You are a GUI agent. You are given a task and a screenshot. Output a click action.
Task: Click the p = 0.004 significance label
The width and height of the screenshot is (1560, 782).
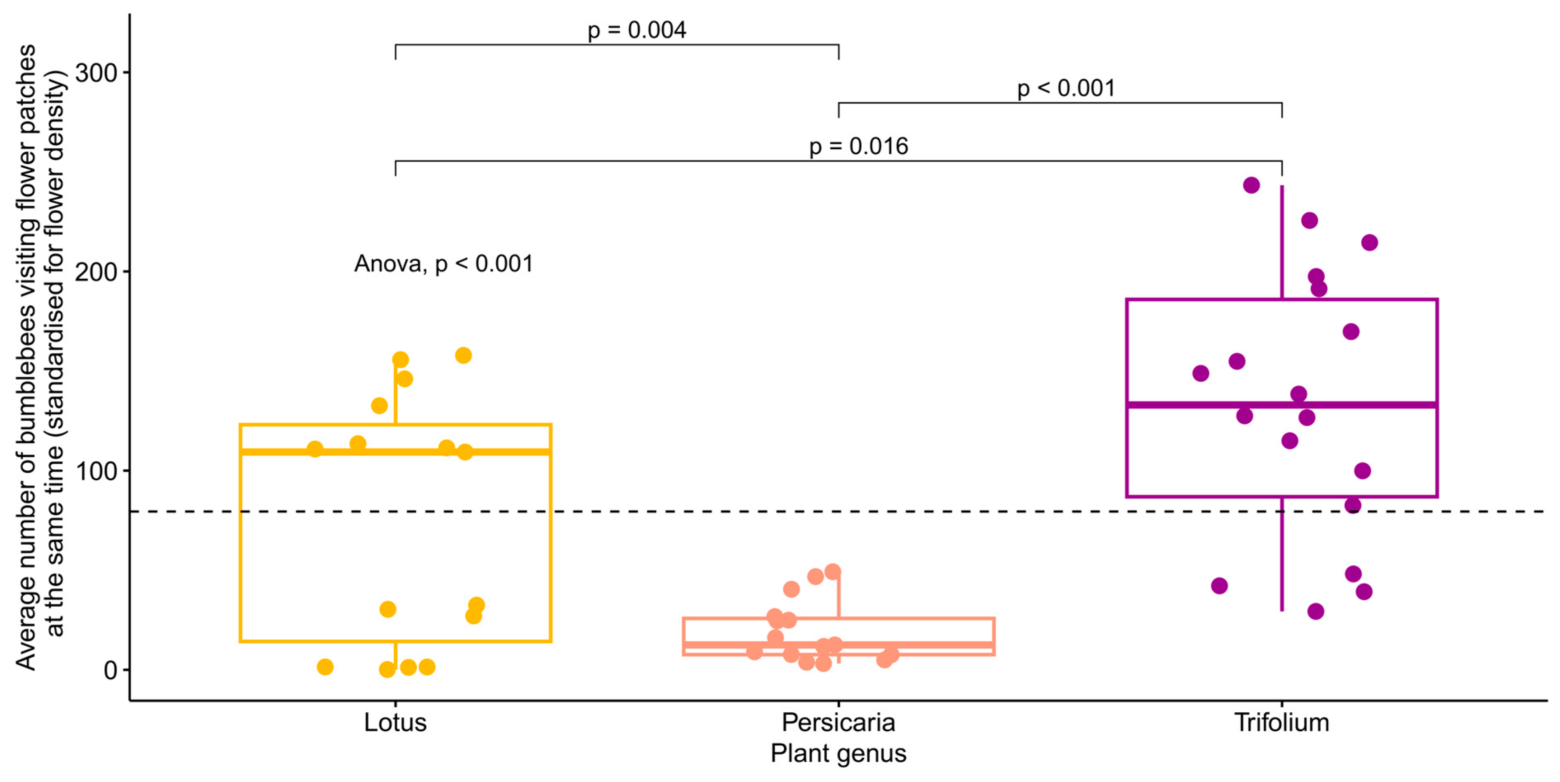tap(637, 30)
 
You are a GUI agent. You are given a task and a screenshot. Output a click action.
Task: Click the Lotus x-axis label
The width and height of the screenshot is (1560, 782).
tap(395, 723)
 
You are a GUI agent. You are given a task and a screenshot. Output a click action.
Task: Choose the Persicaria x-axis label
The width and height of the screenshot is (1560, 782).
tap(838, 723)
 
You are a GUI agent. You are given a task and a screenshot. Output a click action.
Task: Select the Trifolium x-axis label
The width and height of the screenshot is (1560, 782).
tap(1281, 723)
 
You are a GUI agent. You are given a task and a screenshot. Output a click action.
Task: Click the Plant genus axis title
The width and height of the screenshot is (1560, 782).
tap(838, 754)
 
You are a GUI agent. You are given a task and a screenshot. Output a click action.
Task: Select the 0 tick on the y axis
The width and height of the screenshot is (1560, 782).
tap(110, 670)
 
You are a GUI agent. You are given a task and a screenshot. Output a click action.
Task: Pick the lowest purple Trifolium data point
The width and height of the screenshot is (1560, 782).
tap(1316, 611)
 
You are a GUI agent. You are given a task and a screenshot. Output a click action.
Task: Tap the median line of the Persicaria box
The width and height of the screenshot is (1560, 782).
tap(908, 644)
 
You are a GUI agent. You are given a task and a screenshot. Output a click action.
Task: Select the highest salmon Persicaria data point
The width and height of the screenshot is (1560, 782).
tap(833, 571)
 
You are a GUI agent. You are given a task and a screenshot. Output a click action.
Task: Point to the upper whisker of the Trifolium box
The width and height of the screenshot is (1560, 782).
tap(1281, 242)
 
